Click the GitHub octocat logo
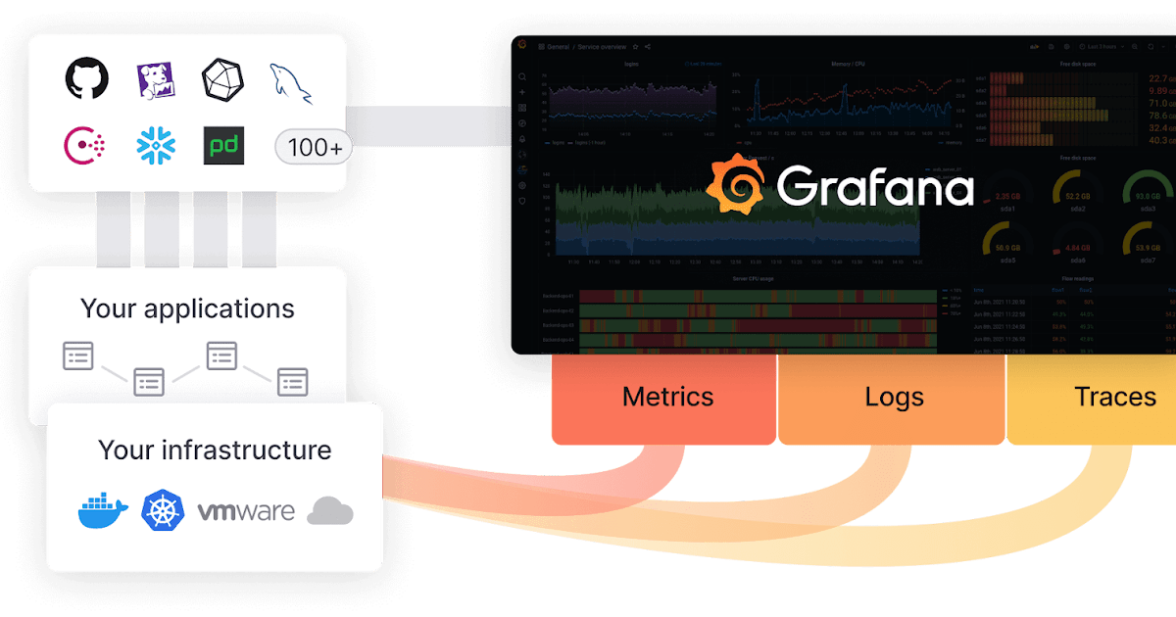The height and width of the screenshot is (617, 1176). pos(87,79)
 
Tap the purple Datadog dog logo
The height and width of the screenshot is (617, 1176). pos(155,80)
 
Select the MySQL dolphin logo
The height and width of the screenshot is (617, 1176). pos(292,82)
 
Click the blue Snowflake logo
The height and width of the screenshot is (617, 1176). pos(156,146)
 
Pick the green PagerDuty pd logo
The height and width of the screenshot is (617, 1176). pos(223,146)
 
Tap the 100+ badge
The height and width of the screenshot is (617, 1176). pos(315,147)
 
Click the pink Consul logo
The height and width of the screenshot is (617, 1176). pos(85,146)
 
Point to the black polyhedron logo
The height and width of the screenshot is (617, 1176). pos(222,79)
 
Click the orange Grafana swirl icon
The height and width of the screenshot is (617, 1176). pos(736,187)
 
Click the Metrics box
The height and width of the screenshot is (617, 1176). pos(667,398)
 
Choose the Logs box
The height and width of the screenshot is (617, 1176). pos(894,398)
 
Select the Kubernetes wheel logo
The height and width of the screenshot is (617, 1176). pos(163,511)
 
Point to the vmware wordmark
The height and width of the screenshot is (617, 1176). pos(246,512)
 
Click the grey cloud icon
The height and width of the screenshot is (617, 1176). pos(329,511)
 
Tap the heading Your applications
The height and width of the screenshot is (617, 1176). pos(187,308)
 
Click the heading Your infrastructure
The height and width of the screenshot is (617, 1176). pos(215,451)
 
